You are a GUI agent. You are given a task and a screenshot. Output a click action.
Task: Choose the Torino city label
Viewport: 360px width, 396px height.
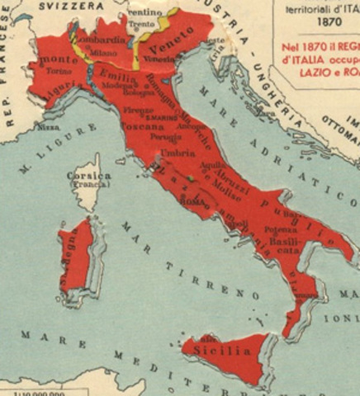point(57,72)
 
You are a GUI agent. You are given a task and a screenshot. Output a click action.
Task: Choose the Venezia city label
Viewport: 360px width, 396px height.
point(163,59)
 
